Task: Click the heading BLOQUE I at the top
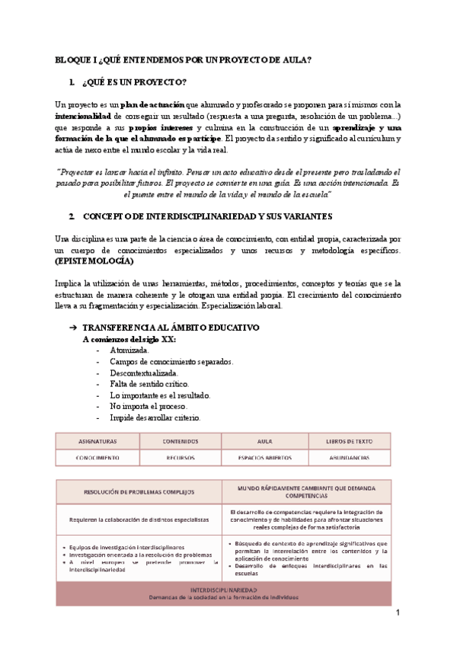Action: (x=184, y=60)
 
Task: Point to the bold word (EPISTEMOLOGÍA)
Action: (x=94, y=261)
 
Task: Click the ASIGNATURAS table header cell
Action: (x=97, y=441)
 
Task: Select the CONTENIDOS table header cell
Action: (x=181, y=441)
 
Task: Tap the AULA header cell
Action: (x=264, y=441)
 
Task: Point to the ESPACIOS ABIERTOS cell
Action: (x=264, y=458)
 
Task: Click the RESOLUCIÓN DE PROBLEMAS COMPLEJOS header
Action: (x=139, y=492)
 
